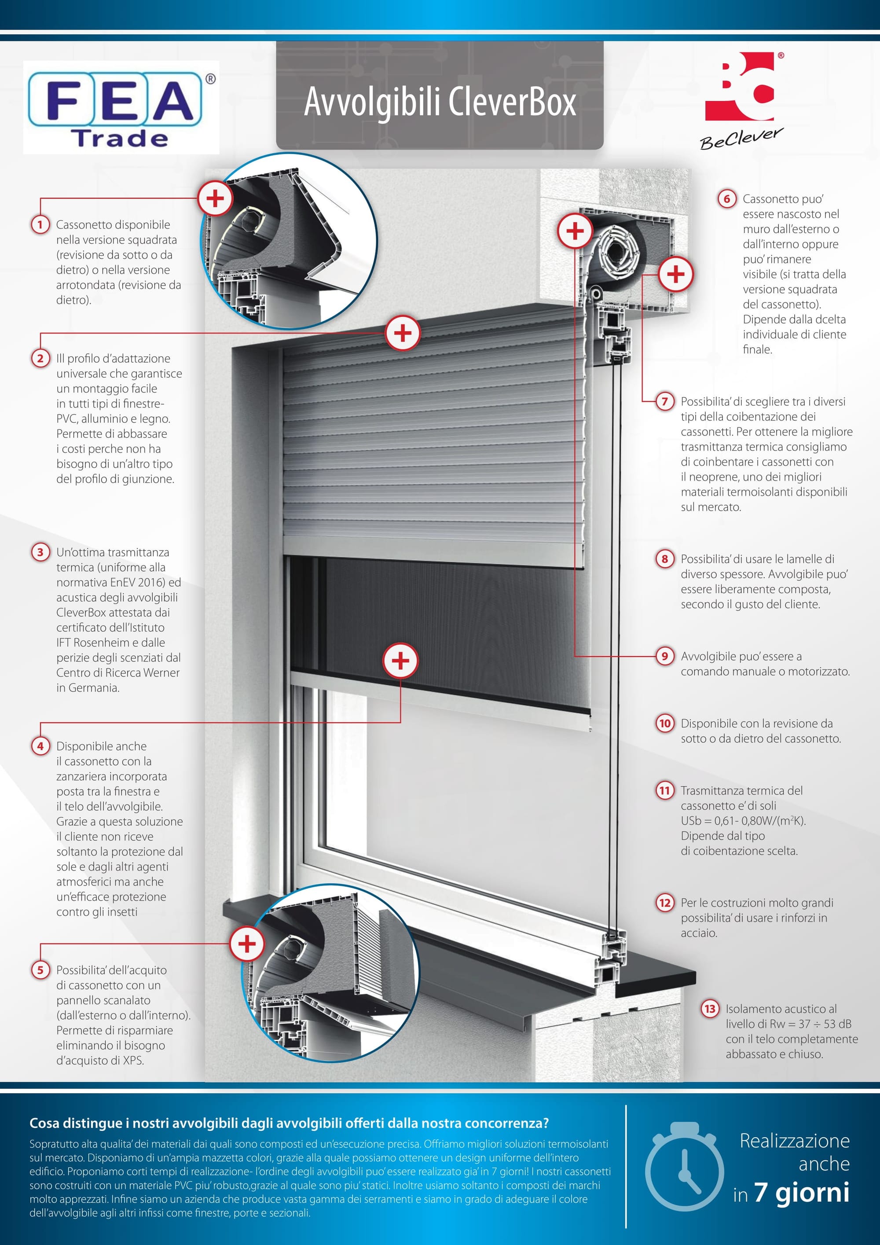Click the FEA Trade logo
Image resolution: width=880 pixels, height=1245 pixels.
tap(121, 107)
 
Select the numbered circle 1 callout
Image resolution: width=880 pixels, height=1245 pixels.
tap(40, 224)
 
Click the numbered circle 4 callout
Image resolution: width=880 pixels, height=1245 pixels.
tap(40, 746)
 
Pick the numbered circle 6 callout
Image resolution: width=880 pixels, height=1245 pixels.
tap(726, 199)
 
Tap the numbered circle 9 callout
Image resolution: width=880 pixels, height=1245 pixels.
tap(665, 656)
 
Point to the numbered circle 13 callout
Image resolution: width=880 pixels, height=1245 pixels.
tap(710, 1009)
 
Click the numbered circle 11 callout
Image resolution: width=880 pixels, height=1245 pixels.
tap(665, 790)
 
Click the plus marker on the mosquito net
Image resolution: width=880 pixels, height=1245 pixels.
tap(401, 661)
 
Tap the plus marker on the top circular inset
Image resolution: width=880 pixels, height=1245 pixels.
tap(215, 198)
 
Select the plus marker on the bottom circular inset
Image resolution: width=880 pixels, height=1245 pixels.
tap(247, 944)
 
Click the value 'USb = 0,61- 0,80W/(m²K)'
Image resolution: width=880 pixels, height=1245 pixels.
tap(743, 821)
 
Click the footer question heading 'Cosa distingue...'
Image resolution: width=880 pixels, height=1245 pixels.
tap(289, 1123)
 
